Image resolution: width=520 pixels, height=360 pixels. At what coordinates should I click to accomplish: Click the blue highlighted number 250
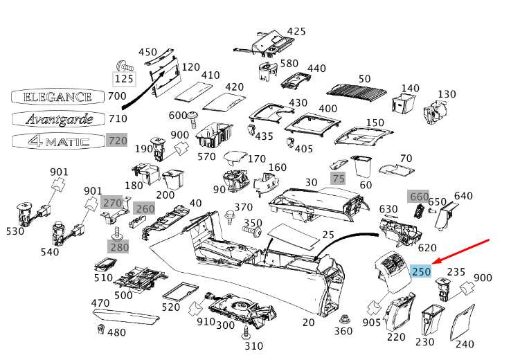421,271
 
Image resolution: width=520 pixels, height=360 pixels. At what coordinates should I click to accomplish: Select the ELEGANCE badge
57,97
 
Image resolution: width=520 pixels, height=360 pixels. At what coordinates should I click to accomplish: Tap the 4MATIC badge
58,141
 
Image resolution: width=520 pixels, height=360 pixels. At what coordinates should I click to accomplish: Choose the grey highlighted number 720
118,141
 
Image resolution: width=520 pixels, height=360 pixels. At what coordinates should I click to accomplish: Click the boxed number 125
125,80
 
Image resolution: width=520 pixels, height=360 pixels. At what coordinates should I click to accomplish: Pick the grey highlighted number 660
419,197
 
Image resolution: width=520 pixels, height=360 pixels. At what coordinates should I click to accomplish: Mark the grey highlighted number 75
337,178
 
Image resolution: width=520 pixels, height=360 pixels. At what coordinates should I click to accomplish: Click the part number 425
296,31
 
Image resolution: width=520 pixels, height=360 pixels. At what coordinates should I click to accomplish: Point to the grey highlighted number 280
118,246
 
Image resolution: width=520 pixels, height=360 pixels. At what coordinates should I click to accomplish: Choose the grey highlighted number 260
145,208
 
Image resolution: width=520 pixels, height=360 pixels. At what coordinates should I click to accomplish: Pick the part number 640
463,196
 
